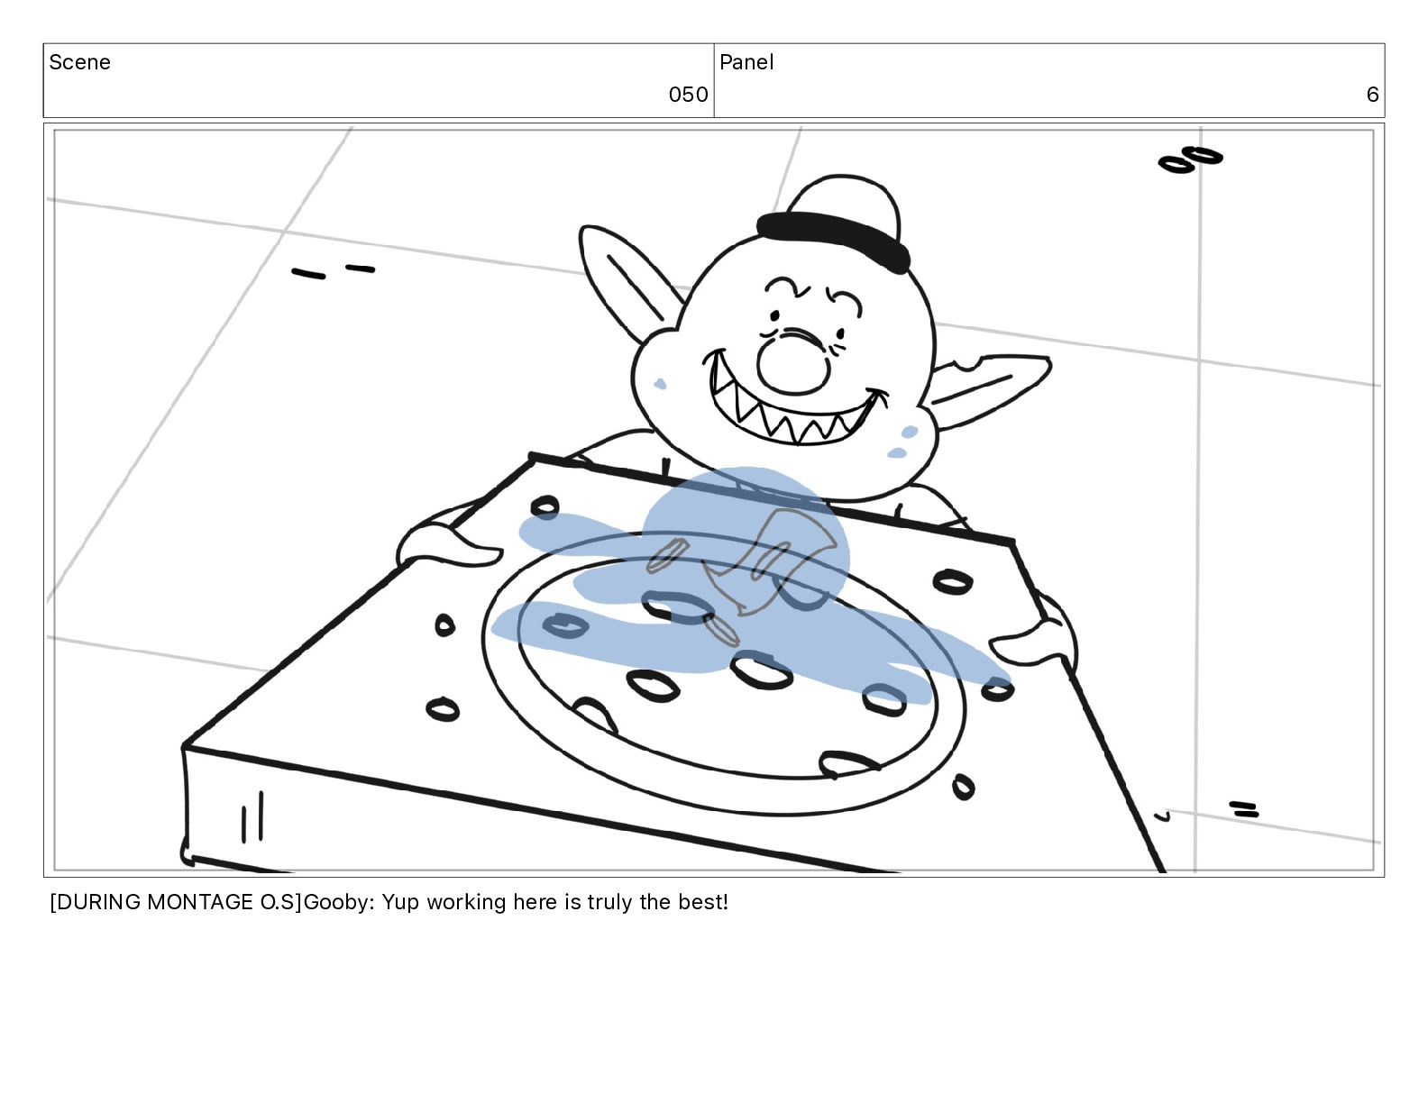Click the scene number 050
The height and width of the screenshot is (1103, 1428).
click(x=687, y=95)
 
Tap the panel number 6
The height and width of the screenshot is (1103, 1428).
click(x=1371, y=95)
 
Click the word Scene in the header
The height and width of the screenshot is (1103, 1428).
click(x=79, y=62)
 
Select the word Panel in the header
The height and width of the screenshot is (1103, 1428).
click(x=746, y=62)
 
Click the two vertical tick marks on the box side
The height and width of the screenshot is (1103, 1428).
click(x=252, y=816)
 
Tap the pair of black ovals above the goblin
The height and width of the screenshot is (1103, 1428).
click(x=1189, y=160)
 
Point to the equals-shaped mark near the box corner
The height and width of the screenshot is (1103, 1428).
click(x=1243, y=809)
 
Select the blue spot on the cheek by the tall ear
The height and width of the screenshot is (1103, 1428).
click(x=660, y=384)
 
